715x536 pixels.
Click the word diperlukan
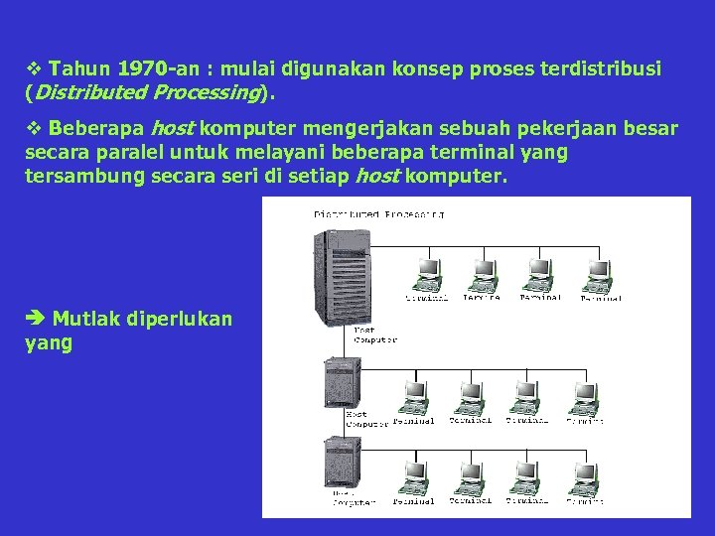tap(179, 319)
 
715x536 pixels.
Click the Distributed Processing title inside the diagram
tap(378, 212)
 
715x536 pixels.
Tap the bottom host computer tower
tap(340, 463)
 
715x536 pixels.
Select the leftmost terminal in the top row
tap(428, 274)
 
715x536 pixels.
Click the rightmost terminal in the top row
tap(598, 274)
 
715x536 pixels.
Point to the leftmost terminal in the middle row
tap(412, 396)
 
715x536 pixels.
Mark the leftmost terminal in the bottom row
tap(412, 477)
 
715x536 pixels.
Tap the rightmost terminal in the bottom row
tap(584, 477)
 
